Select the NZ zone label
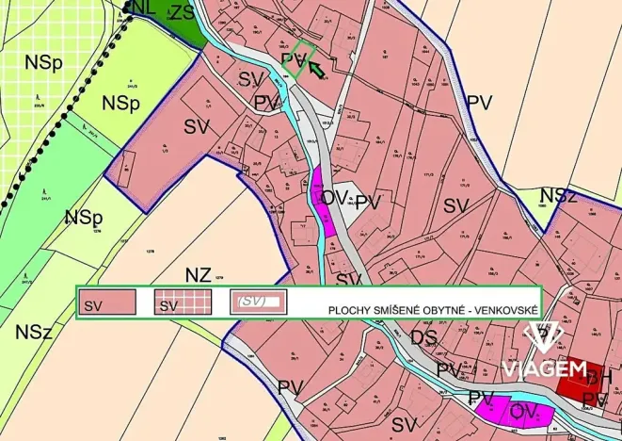(199, 275)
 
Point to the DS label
(423, 337)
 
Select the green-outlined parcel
(299, 58)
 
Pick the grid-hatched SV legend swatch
(183, 303)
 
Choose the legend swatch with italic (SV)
(259, 302)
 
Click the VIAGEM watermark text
(544, 369)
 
